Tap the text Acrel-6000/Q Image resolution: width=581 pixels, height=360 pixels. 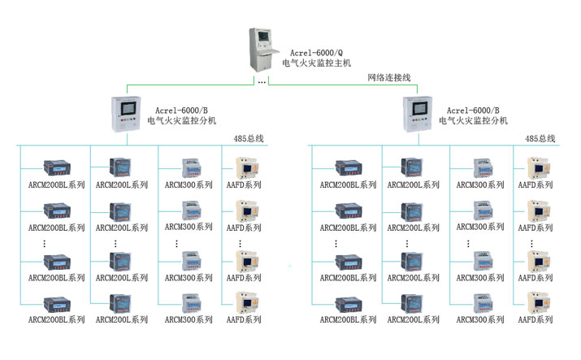tap(315, 51)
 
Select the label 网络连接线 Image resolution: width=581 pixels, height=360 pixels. tap(389, 77)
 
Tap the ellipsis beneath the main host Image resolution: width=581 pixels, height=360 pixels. tap(261, 82)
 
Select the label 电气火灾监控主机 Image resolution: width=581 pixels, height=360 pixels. tap(317, 63)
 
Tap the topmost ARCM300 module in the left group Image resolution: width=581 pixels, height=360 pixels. tap(186, 167)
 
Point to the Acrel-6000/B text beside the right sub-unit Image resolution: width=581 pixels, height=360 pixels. tap(473, 109)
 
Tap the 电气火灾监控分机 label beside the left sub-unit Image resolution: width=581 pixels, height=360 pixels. tap(181, 120)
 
